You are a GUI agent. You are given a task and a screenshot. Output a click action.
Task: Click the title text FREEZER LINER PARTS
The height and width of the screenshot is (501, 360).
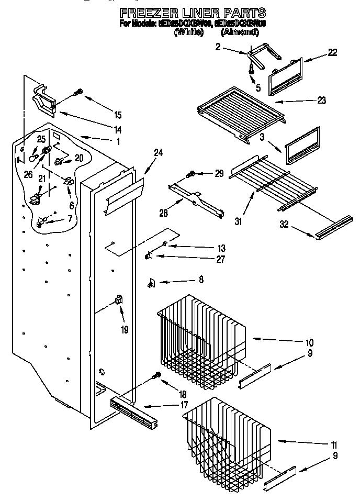point(192,13)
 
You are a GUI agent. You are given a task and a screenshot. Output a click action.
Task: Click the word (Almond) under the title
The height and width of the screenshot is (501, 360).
point(240,32)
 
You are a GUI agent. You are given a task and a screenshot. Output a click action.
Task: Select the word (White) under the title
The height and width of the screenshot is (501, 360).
point(188,32)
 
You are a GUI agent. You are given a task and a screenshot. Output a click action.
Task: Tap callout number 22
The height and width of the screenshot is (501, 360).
point(332,52)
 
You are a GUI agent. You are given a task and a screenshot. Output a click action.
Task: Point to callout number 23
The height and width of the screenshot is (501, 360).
point(321,101)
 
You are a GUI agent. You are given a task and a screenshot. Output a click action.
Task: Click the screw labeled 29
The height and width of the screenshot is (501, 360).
point(192,173)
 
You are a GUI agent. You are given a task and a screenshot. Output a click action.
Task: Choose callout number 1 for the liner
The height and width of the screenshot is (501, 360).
point(118,141)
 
